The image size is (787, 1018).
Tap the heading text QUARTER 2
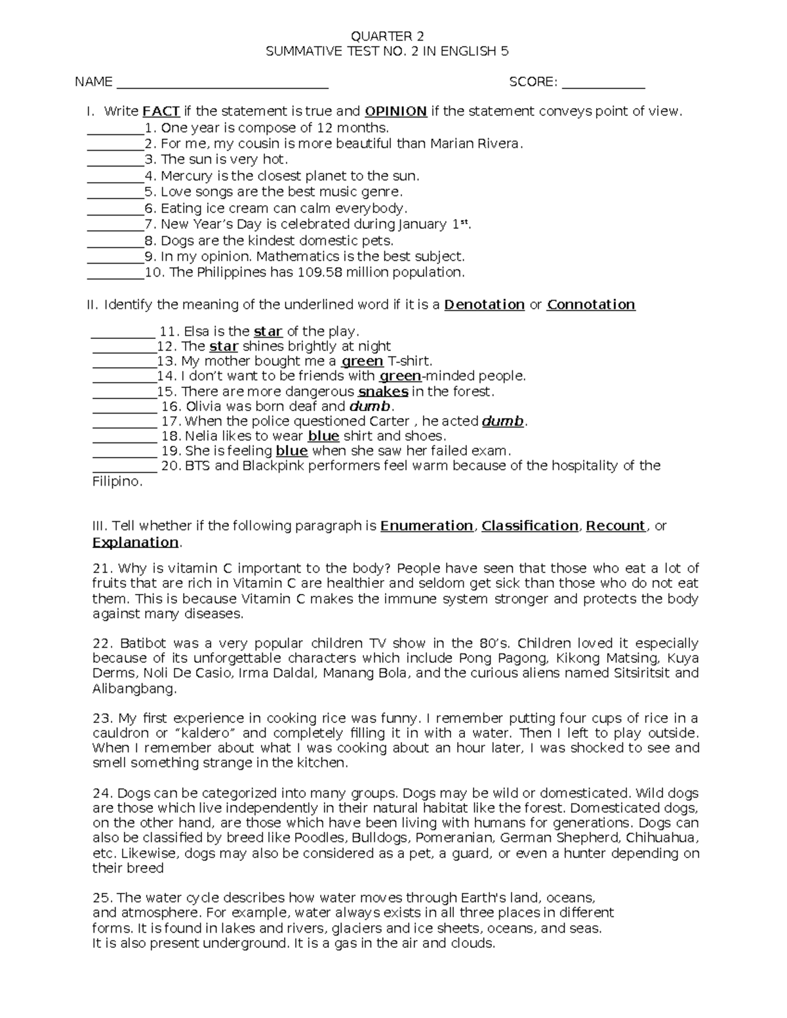(387, 36)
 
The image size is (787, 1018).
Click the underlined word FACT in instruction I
(161, 111)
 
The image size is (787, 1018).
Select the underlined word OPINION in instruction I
(396, 111)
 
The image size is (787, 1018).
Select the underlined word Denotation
(484, 305)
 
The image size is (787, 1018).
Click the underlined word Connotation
(591, 305)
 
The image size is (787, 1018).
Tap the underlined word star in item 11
(268, 332)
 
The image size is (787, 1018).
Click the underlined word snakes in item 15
(383, 392)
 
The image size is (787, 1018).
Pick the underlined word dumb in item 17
(503, 421)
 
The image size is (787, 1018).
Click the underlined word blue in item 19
(292, 451)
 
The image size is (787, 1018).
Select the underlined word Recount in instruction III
(615, 526)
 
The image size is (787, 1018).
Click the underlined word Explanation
(135, 543)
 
